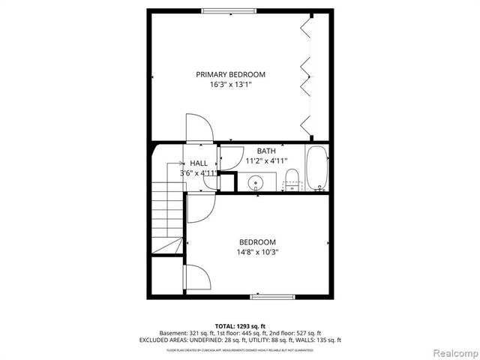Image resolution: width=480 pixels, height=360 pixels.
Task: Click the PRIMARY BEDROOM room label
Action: pos(230,74)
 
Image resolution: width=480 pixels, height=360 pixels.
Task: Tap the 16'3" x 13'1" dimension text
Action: pos(230,85)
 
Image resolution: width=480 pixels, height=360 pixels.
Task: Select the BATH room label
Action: pos(266,151)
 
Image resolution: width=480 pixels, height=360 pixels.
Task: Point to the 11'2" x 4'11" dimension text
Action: pos(266,160)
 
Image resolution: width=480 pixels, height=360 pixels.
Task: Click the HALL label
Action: pos(199,163)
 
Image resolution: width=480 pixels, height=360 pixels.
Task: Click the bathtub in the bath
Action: pos(316,167)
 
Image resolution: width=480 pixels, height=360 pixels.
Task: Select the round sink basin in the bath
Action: pos(256,181)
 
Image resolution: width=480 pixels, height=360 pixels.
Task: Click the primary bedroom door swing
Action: pos(199,127)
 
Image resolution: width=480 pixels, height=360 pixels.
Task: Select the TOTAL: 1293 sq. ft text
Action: pos(240,326)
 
